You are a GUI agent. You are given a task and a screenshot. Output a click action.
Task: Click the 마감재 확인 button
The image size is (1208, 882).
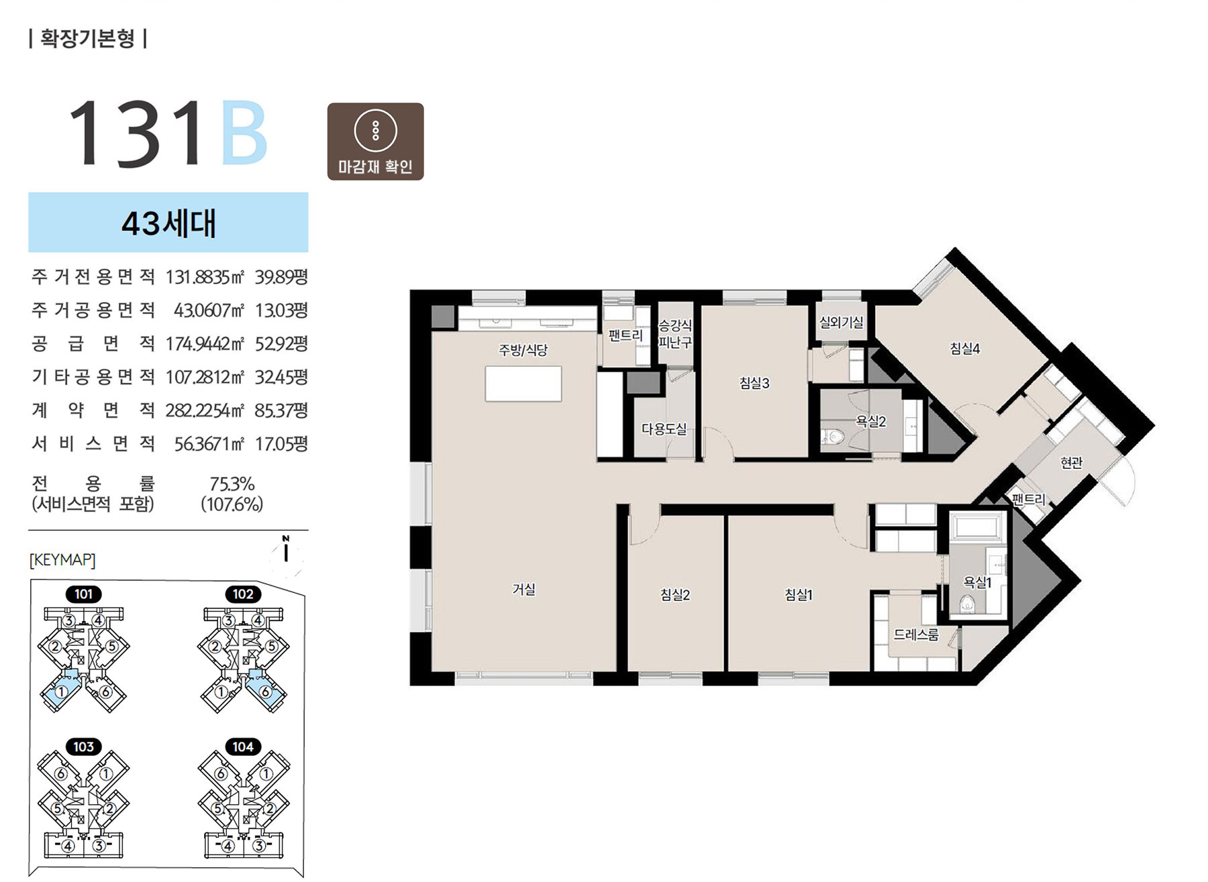coord(375,142)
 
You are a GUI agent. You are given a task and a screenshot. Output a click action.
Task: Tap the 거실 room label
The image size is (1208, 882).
coord(523,590)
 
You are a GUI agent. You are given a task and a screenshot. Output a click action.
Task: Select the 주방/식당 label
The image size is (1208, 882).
coord(523,349)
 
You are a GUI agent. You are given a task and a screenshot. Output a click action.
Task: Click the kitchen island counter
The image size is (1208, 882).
coord(523,384)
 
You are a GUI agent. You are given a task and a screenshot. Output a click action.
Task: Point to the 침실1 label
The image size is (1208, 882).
coord(799,594)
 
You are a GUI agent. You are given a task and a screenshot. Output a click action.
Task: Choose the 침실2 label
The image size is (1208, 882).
coord(675,594)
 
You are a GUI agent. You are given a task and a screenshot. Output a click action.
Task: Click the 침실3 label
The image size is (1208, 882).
coord(754,383)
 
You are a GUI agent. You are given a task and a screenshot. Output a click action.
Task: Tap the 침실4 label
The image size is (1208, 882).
coord(965,348)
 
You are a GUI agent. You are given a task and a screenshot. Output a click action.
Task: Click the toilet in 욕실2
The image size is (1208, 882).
coord(832,437)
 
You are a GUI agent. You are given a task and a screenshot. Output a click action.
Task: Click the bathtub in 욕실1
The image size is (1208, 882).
coord(978,527)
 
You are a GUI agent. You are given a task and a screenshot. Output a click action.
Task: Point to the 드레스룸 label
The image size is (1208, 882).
coord(916,635)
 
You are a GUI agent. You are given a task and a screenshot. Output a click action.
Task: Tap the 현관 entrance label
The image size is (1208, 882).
coord(1071,462)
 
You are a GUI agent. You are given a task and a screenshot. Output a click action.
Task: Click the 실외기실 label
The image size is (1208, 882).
coord(842,323)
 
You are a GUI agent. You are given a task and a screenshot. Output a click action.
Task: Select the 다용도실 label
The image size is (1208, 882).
coord(664,429)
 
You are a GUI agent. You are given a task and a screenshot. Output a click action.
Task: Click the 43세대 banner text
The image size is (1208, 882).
coord(168,223)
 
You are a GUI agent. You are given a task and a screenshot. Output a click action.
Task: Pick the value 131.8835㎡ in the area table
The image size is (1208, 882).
coord(205,277)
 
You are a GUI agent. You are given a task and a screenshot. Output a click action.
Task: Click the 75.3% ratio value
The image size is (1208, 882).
coord(232,484)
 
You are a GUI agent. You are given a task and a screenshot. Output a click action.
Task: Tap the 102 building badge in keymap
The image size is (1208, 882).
coord(243,594)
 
